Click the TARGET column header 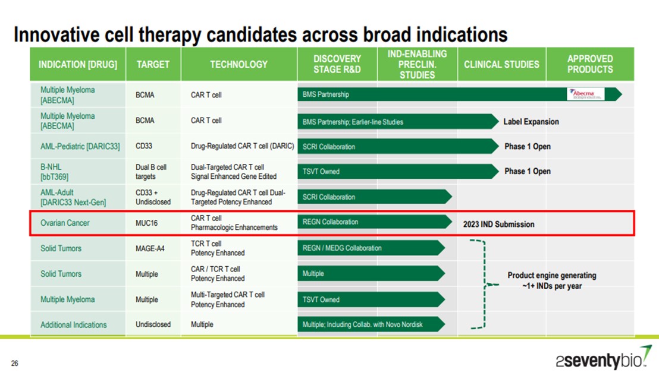(153, 64)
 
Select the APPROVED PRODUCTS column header (589, 64)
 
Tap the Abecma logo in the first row (586, 94)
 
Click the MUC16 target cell (147, 223)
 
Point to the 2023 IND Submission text (498, 225)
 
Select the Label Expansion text (531, 122)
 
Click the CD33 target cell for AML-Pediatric (145, 146)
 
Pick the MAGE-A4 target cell (150, 248)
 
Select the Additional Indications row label (73, 325)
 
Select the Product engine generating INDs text (551, 280)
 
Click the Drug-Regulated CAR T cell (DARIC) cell (242, 146)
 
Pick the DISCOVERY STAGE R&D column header (337, 64)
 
